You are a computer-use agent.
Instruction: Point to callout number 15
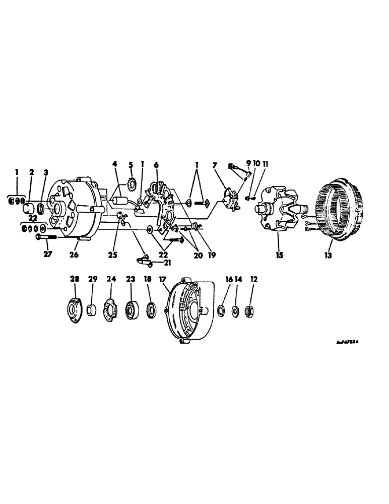280,256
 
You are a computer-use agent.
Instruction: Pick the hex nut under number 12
248,311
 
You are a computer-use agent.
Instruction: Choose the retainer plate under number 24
110,308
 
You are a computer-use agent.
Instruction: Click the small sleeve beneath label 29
92,308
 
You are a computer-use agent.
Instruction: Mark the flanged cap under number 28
75,308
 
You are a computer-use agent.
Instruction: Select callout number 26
75,256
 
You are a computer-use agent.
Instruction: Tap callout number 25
113,256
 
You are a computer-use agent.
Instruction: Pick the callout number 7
216,166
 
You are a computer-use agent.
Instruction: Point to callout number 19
211,256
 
